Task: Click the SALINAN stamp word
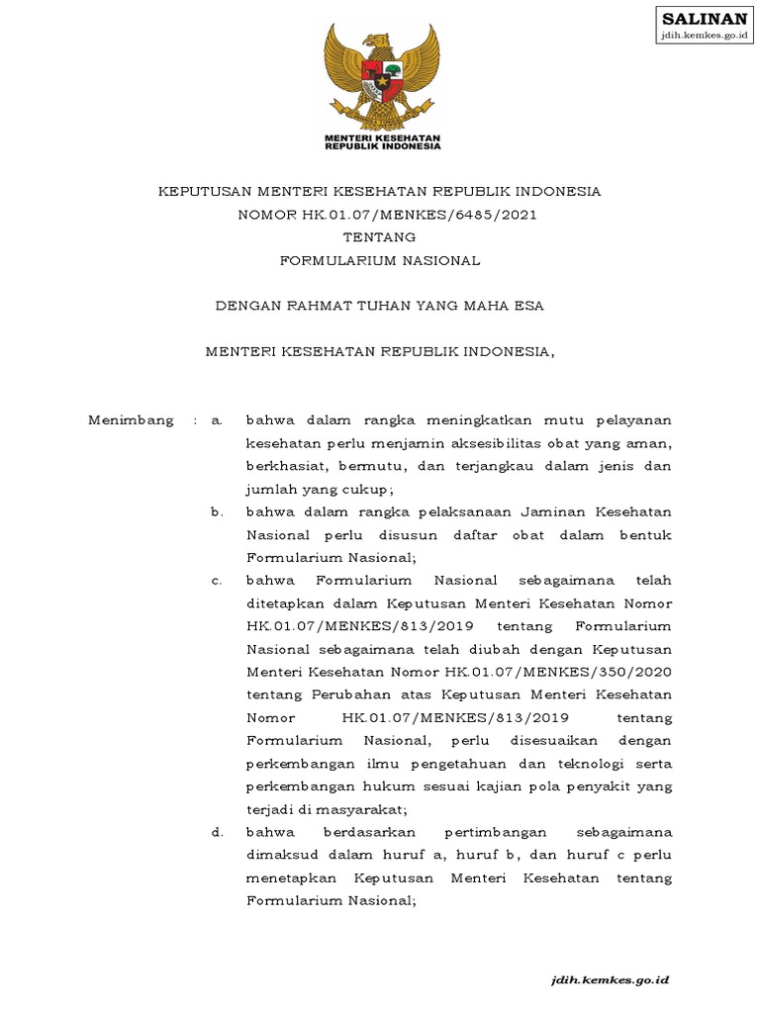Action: [704, 19]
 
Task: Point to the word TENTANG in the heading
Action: [379, 237]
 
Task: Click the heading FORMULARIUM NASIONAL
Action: [380, 261]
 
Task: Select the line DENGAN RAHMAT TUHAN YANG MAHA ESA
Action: [380, 306]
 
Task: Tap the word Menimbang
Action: [131, 419]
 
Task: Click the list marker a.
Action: [217, 419]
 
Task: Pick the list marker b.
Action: [217, 511]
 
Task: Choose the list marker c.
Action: [217, 580]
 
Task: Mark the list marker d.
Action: [217, 832]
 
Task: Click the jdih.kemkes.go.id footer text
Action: [612, 979]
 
